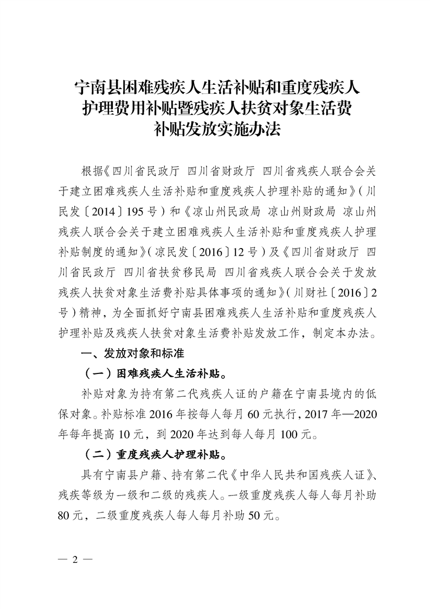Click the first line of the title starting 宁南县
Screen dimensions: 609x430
215,86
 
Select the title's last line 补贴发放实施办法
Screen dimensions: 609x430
215,130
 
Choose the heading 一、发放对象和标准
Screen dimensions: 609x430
132,354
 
